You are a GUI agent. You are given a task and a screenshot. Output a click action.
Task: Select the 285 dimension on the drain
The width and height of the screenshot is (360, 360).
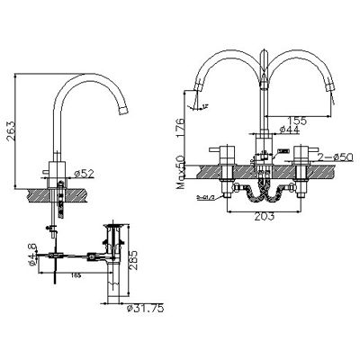133,264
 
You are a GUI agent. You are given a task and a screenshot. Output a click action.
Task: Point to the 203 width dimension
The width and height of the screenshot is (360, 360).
264,217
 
